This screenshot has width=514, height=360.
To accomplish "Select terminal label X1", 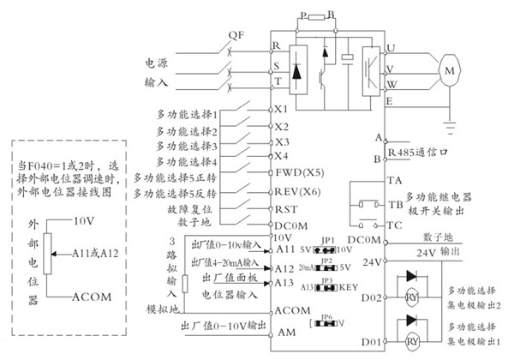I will coord(282,110).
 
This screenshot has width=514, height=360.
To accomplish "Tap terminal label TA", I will coord(395,181).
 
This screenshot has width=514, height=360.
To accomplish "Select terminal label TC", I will coord(395,225).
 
